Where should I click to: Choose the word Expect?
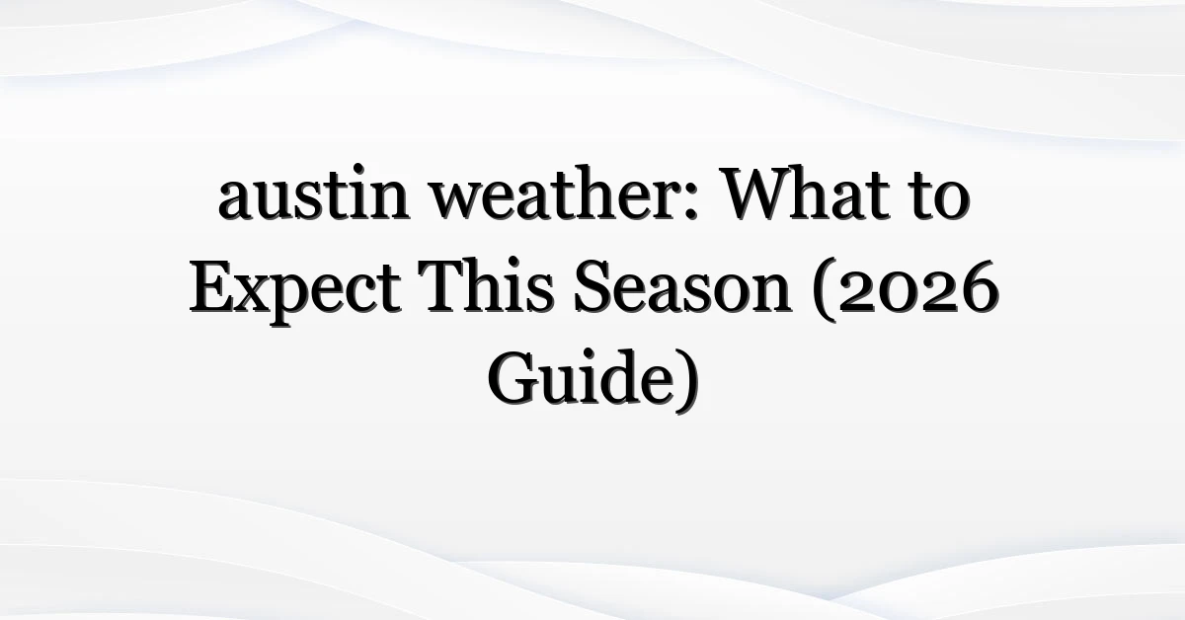click(x=295, y=292)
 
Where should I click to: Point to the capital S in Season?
click(x=592, y=287)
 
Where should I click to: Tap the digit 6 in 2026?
click(x=980, y=287)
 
